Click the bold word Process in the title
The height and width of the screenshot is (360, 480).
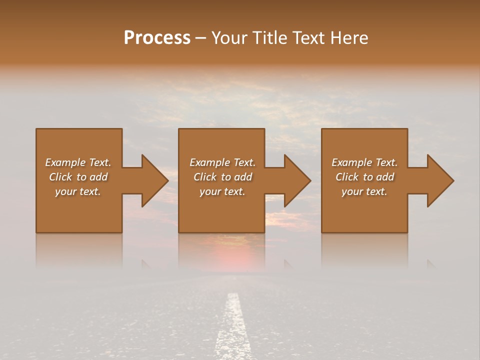(x=157, y=38)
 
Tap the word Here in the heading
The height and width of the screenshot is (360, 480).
(x=348, y=38)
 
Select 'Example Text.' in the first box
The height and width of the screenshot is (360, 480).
(x=78, y=162)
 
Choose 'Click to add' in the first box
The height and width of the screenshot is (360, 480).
(x=78, y=177)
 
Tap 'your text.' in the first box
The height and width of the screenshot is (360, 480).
(x=78, y=191)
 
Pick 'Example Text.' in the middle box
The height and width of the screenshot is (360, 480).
(x=222, y=162)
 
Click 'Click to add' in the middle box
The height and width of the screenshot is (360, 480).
(x=222, y=177)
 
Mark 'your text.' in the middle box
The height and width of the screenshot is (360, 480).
(x=222, y=191)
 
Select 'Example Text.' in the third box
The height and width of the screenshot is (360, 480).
(x=364, y=162)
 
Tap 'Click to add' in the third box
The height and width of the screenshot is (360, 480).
(x=364, y=177)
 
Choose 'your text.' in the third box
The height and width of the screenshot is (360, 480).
(x=364, y=191)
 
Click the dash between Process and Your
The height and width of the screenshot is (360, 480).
(x=200, y=38)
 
